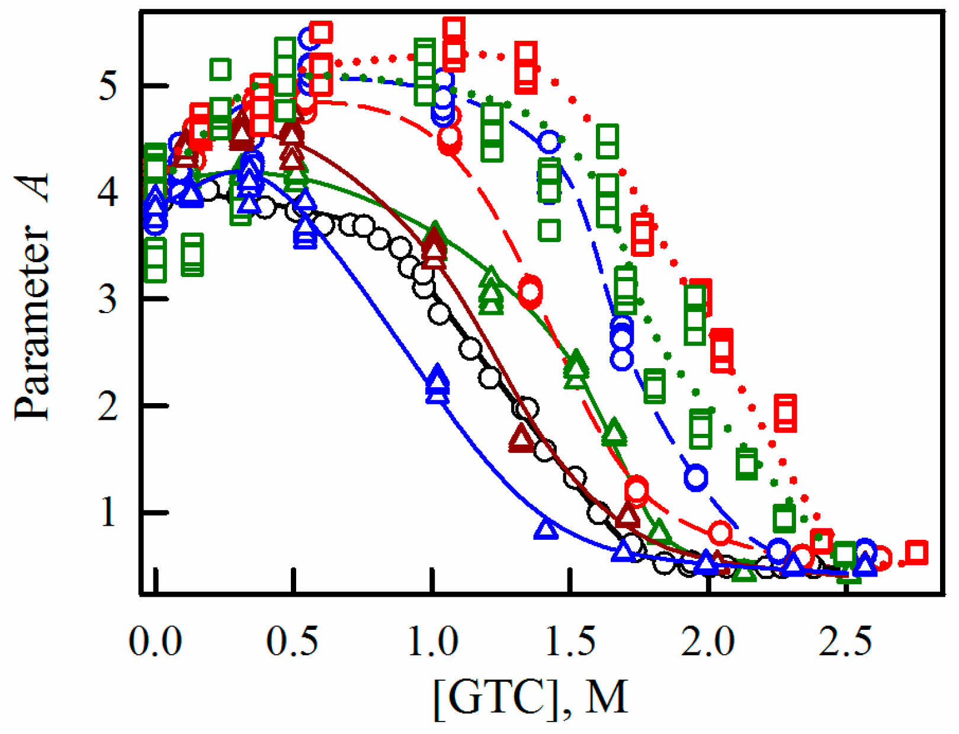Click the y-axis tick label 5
point(108,87)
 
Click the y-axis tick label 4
point(108,193)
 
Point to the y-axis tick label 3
point(108,300)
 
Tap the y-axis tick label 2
point(108,407)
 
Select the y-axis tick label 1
point(108,513)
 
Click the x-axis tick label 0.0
point(155,640)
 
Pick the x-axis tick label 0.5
point(293,640)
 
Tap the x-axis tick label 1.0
point(433,640)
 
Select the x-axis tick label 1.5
point(570,640)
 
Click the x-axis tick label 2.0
point(708,640)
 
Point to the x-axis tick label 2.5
point(845,640)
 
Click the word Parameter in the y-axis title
point(33,323)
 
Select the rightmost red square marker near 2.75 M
point(916,553)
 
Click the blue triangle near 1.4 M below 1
point(546,529)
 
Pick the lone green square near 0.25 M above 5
point(220,70)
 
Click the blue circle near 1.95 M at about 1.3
point(697,477)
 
